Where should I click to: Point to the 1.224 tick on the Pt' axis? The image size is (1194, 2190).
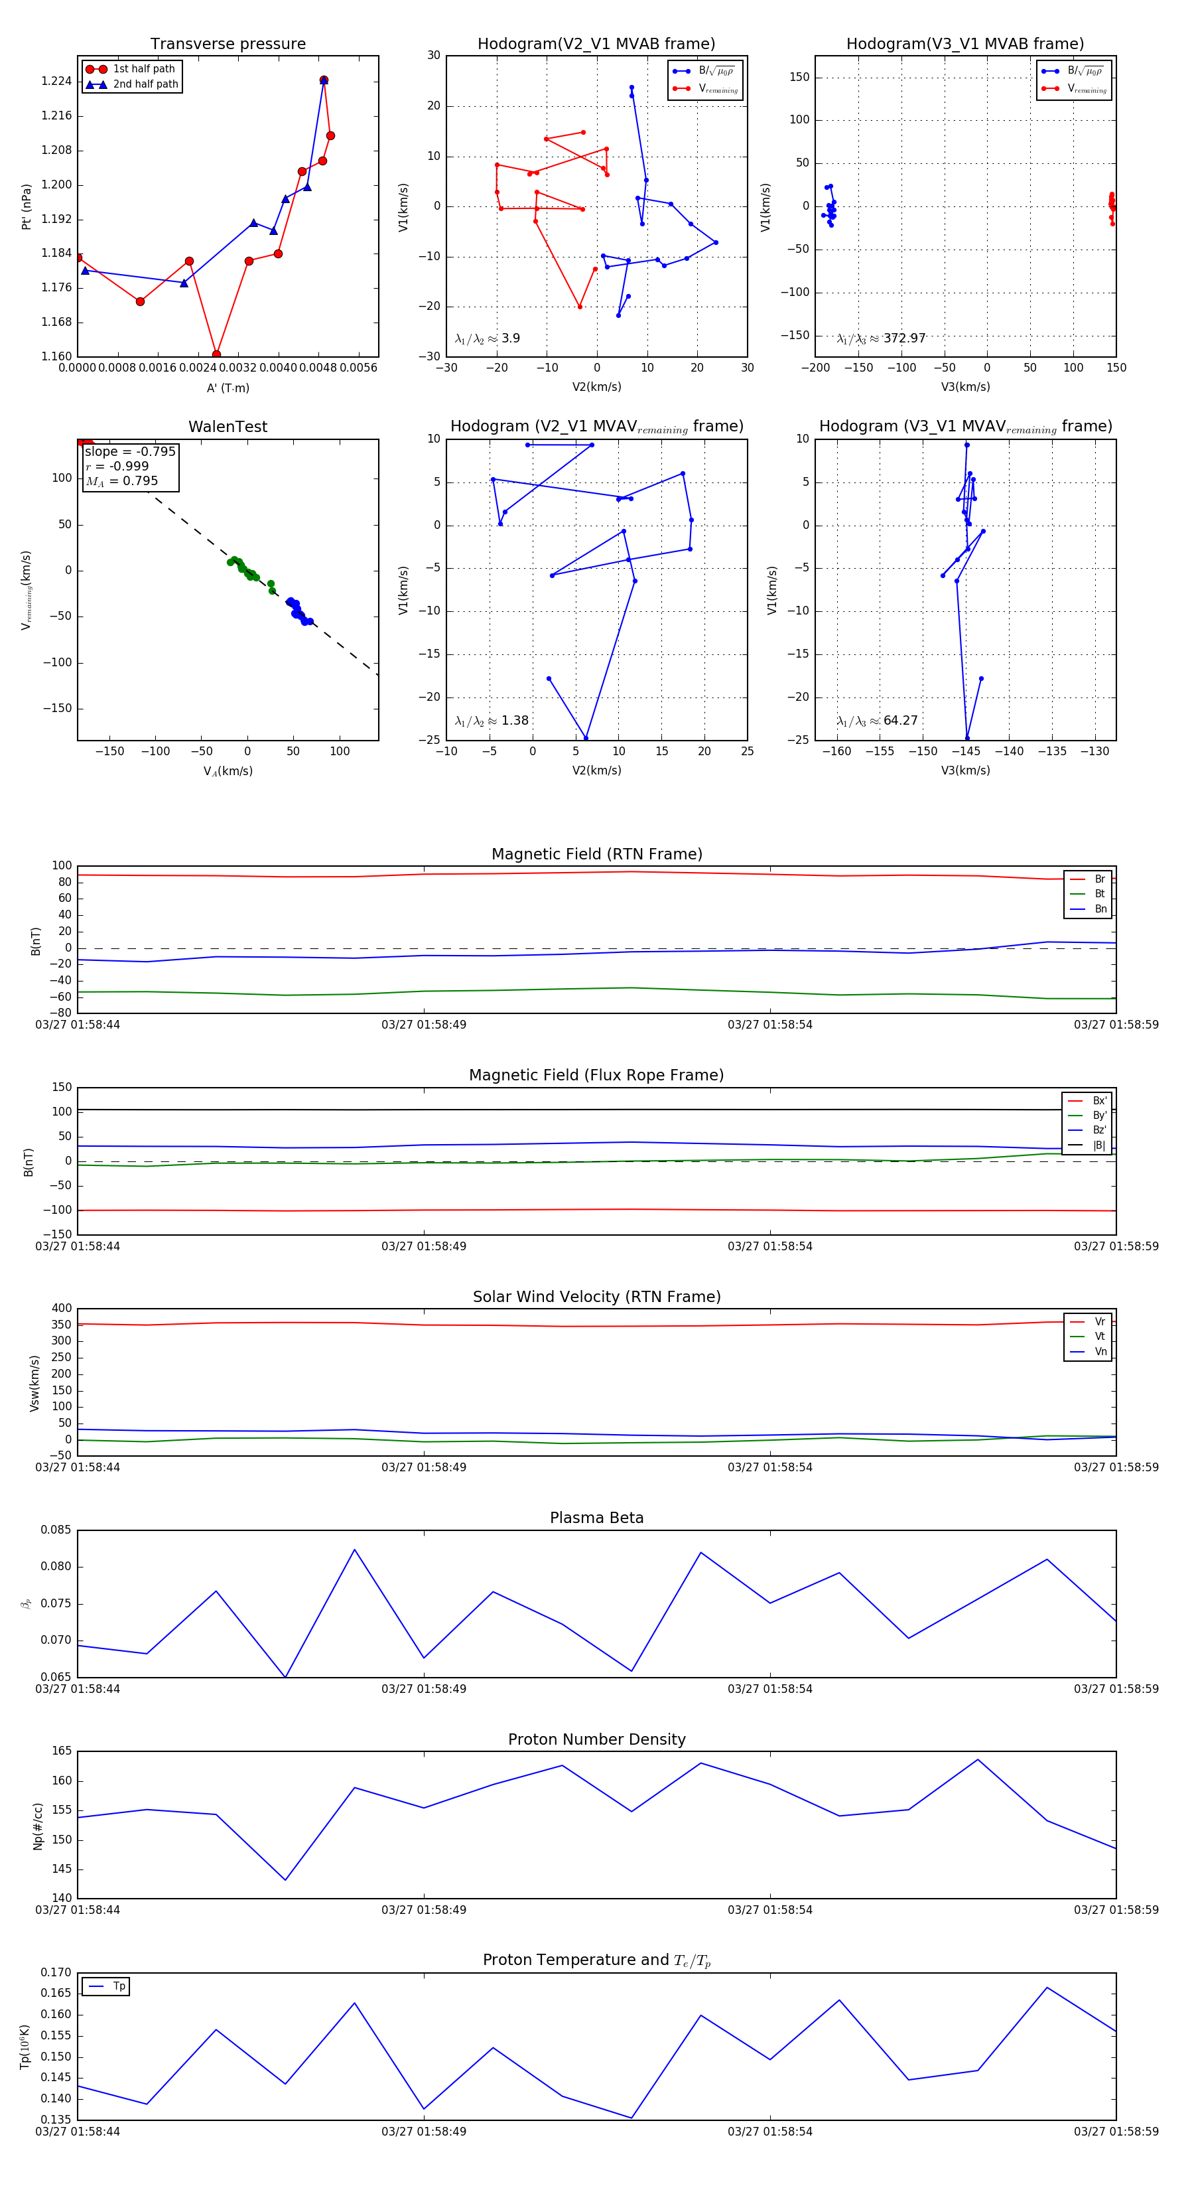57,82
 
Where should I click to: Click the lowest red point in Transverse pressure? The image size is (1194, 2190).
216,354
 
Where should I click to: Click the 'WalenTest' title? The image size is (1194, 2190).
228,427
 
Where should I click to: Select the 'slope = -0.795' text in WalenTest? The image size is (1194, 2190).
130,451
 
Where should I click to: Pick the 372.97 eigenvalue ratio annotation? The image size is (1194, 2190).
903,338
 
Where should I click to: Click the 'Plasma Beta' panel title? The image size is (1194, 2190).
596,1518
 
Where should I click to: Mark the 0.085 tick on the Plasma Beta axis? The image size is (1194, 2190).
56,1530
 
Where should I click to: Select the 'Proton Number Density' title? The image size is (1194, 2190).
596,1739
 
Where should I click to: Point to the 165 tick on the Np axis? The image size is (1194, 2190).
62,1751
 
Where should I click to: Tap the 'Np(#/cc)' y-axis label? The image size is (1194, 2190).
37,1825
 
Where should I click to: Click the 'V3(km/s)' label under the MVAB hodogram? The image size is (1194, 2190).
964,387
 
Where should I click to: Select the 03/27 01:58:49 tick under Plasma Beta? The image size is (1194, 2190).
423,1688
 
